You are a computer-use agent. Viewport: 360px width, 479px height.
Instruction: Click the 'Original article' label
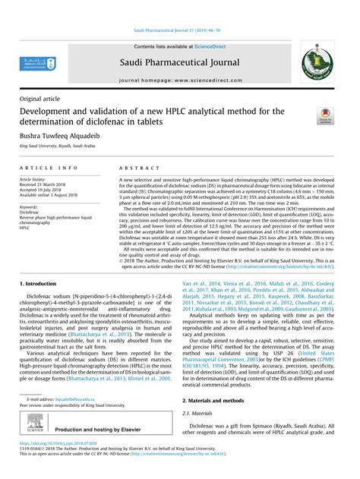42,98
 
